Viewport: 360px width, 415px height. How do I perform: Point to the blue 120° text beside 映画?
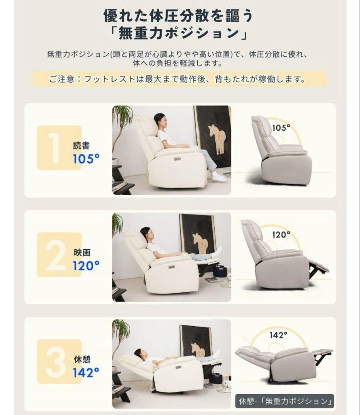[x=86, y=265]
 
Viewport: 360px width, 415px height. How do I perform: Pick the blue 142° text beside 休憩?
[x=86, y=372]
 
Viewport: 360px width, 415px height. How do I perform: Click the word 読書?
[x=82, y=146]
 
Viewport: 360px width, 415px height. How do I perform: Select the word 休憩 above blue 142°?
[x=82, y=360]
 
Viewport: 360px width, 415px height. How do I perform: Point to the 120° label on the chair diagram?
[x=281, y=234]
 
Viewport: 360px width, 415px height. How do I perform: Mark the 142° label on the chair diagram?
[x=278, y=335]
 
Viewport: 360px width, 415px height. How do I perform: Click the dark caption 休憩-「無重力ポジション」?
[x=285, y=401]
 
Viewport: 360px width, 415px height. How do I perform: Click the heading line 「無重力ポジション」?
[x=178, y=33]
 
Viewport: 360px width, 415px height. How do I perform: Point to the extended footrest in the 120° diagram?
[x=318, y=268]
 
